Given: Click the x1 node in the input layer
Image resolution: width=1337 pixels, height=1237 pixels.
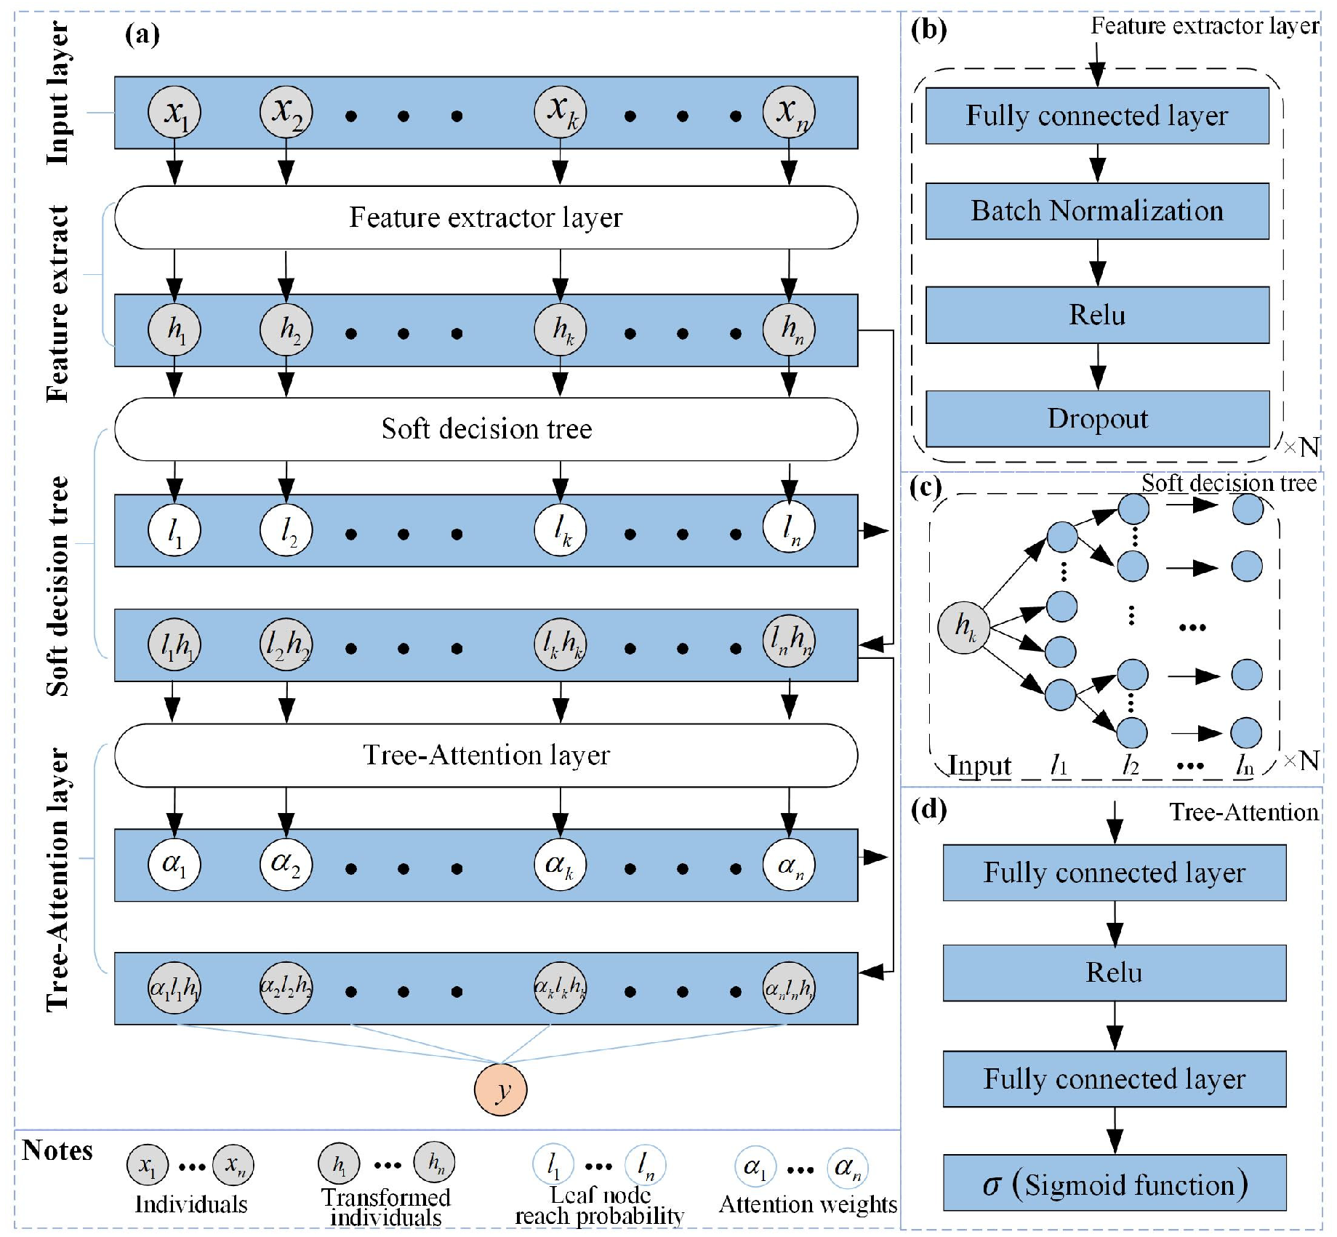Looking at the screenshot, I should [174, 113].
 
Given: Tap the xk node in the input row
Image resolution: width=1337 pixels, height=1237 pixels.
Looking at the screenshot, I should [560, 113].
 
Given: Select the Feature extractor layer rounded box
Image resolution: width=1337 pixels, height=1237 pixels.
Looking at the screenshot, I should [486, 217].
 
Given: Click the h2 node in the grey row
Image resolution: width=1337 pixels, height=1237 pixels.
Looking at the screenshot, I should [286, 330].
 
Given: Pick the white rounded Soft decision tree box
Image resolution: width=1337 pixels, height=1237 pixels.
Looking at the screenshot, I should [486, 429].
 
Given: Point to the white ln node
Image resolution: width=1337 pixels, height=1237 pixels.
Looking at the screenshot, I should [789, 529].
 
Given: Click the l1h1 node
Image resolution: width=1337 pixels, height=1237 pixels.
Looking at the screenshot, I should [174, 645].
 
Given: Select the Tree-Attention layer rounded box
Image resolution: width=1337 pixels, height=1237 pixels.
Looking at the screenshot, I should [486, 756].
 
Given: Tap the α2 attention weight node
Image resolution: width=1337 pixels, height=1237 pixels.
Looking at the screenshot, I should [286, 865].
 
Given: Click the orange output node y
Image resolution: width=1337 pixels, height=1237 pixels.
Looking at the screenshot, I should [500, 1089].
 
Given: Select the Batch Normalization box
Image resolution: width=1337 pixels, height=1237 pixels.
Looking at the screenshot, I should [1097, 211].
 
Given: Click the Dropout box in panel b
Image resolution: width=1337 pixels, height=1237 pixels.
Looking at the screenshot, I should [1097, 419].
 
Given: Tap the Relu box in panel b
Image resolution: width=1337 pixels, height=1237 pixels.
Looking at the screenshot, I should [1097, 315].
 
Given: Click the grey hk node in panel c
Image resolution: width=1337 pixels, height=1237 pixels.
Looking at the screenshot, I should [963, 627].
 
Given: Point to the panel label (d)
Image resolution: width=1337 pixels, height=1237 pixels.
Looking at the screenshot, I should [928, 809].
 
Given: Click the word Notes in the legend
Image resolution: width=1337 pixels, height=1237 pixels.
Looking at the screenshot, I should [57, 1151].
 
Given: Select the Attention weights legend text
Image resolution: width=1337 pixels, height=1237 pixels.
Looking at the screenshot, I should [808, 1205].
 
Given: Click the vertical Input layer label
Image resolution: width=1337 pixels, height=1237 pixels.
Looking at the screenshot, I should [58, 93].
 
